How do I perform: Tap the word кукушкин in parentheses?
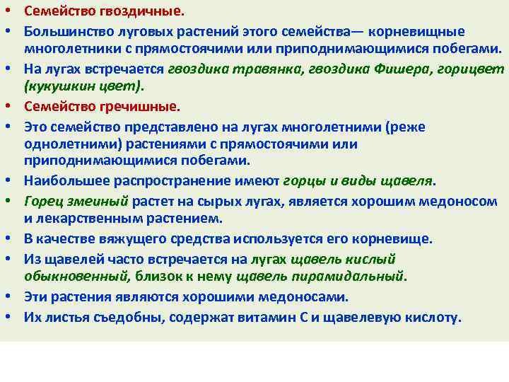(56, 86)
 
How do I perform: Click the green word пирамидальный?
(355, 275)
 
